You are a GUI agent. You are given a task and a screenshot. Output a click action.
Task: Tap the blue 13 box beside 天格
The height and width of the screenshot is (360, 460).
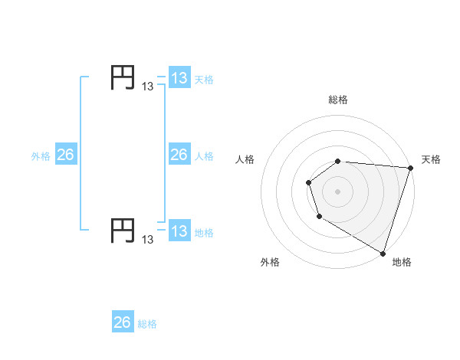coord(179,78)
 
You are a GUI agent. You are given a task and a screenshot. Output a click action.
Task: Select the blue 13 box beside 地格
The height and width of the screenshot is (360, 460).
coord(179,231)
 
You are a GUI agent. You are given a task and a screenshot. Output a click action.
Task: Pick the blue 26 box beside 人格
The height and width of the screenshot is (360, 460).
coord(179,155)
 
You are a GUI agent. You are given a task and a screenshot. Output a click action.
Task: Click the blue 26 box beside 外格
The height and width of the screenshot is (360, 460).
coord(65,155)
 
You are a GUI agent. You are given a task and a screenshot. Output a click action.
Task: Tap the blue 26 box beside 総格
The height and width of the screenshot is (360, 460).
coord(123,322)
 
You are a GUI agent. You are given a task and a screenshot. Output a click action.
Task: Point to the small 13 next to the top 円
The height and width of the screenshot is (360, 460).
coord(148,87)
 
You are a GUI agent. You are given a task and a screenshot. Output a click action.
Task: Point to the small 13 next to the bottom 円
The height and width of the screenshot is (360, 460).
coord(148,240)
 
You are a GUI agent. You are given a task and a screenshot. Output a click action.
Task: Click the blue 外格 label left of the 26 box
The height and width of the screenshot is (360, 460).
coord(41,156)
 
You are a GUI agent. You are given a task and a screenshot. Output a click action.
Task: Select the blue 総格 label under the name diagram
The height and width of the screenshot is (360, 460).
coord(147,324)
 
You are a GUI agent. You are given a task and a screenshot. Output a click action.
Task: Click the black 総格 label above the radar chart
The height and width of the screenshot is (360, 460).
coord(338,100)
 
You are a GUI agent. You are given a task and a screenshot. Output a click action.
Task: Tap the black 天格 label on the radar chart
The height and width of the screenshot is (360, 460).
coord(431,159)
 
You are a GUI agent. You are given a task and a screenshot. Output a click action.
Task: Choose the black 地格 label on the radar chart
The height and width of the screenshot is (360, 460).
coord(402,262)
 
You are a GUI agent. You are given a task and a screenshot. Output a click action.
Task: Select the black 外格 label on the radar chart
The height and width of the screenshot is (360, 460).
coord(270,262)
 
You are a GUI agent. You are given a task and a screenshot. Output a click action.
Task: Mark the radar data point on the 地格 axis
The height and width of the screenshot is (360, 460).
coord(383,252)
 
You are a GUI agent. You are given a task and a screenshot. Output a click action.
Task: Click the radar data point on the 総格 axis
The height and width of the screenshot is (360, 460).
coord(338,161)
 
